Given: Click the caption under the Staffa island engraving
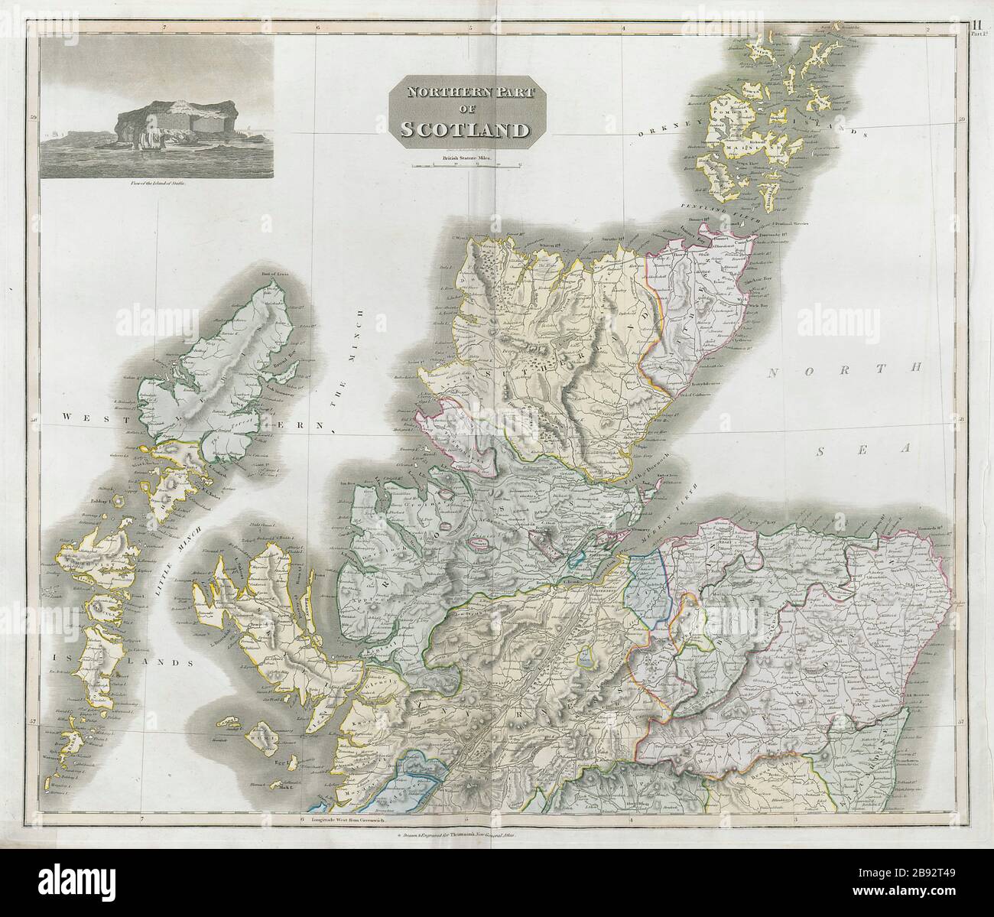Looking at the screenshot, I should click(x=152, y=184).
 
